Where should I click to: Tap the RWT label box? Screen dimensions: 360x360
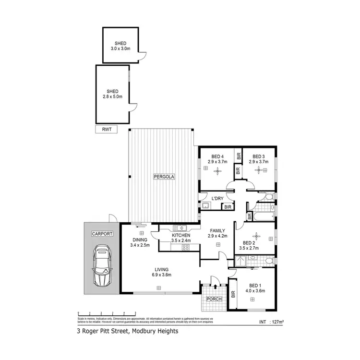106,129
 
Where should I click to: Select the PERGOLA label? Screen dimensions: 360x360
164,177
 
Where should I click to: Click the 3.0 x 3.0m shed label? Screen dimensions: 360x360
120,48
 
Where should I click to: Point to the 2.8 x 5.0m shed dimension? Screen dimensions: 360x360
113,96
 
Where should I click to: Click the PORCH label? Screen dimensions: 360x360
214,299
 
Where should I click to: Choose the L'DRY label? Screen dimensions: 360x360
212,198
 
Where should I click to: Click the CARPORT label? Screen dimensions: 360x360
102,234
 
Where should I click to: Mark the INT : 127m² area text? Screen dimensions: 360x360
272,322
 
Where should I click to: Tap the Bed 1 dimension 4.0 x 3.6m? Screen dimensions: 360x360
255,290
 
